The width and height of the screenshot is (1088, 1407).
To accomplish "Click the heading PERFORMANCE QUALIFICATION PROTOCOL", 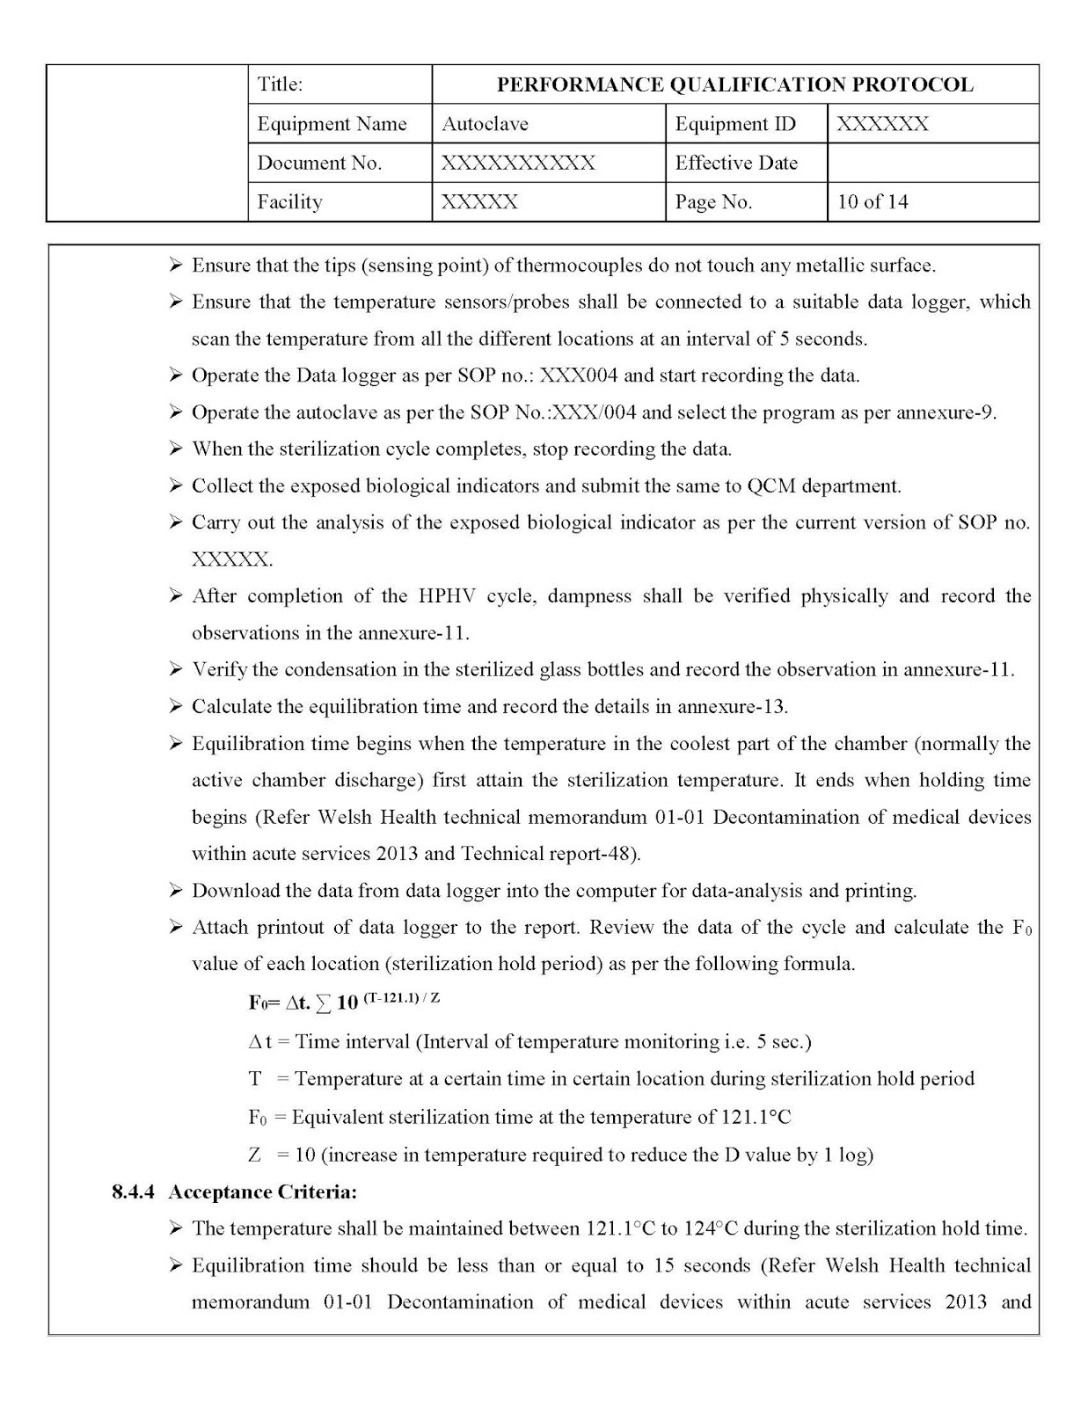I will coord(734,84).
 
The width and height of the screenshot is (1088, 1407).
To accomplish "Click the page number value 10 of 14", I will coord(873,201).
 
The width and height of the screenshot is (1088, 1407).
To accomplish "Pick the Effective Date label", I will coord(735,163).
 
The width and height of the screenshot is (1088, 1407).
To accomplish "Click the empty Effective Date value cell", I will coord(932,163).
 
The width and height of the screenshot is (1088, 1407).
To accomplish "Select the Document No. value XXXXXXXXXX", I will coord(518,163).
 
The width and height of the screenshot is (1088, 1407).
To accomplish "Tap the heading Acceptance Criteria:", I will coord(263,1192).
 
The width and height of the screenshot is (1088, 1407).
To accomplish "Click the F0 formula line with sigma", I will coord(344,1002).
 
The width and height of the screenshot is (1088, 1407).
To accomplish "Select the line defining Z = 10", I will coord(560,1155).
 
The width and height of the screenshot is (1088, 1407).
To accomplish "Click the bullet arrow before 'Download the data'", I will coord(176,891).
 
